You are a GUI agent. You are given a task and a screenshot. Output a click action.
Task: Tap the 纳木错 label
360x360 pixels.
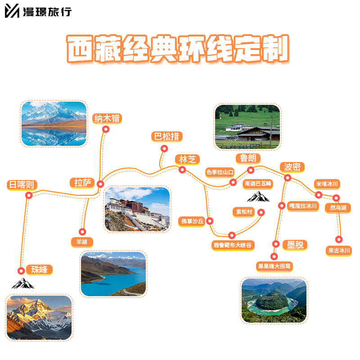107,119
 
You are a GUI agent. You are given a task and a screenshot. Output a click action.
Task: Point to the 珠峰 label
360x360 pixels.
39,270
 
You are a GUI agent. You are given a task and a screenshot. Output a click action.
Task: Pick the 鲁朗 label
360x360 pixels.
248,158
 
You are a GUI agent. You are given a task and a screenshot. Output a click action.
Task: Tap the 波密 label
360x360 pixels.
292,167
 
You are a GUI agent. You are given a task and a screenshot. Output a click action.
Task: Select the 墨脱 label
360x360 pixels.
295,245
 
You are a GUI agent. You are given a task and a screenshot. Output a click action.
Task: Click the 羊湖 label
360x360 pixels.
82,242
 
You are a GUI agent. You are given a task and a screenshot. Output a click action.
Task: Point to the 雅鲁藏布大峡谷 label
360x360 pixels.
233,245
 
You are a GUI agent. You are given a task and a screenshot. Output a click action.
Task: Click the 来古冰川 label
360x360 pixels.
339,250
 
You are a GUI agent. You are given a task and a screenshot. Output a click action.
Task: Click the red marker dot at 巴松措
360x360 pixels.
164,148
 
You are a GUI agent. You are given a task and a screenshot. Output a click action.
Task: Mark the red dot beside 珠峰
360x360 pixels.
21,271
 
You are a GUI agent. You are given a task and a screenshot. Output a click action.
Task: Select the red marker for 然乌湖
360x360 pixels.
336,198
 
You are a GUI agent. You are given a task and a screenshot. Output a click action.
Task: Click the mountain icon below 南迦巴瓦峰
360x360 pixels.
257,197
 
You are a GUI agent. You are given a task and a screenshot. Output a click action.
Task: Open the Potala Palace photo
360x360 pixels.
137,209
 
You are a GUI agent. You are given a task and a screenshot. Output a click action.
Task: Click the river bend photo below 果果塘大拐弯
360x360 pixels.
274,300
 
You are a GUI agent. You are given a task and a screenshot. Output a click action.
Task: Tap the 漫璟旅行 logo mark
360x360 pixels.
12,11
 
